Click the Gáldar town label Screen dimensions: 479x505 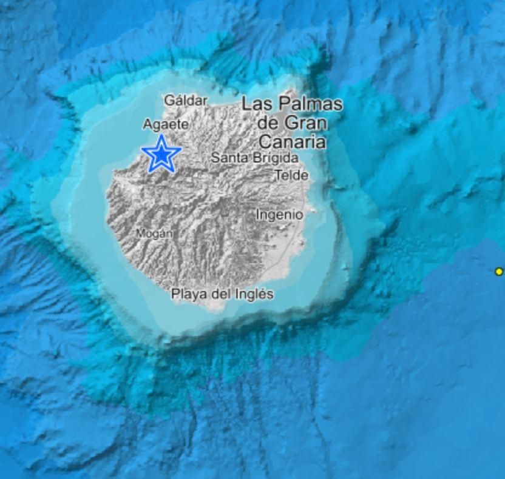186,101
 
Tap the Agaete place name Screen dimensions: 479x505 166,125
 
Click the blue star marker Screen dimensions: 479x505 161,155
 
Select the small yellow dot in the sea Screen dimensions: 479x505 499,272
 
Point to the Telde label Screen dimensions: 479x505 291,176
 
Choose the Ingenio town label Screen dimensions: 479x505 279,215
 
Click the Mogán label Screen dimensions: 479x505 154,233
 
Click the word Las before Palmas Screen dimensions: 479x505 255,104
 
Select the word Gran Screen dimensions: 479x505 306,123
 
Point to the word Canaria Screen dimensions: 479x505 291,142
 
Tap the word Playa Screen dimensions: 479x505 190,295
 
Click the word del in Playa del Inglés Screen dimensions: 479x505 223,295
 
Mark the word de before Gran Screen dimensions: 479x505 268,123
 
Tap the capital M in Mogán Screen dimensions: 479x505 140,233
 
